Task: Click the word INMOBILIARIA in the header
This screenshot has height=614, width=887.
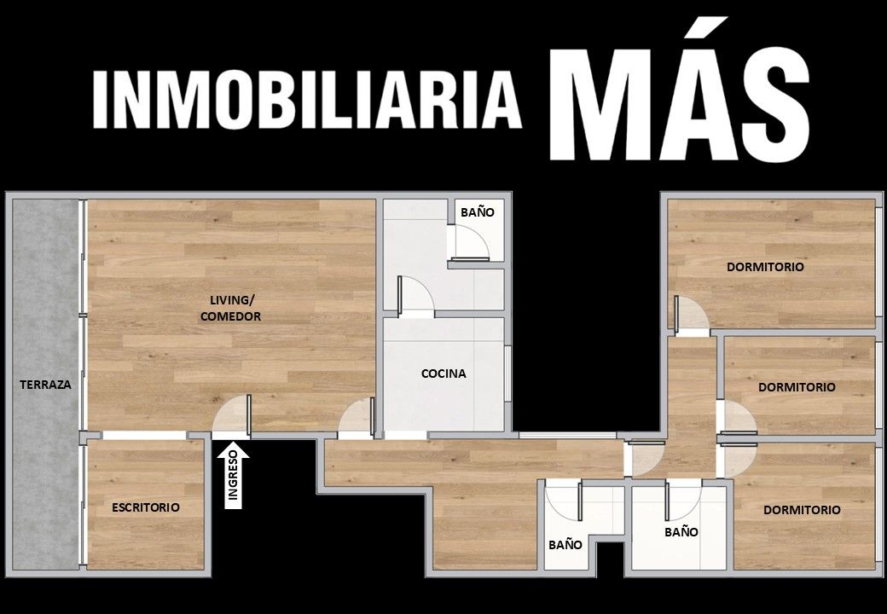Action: [x=306, y=100]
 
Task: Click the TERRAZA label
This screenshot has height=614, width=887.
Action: [x=45, y=385]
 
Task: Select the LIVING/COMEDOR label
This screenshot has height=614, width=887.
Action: [x=231, y=308]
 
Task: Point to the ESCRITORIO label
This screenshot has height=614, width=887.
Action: [x=146, y=507]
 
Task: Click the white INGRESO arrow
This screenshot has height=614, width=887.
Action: [x=233, y=475]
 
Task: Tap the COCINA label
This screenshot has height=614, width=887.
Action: [x=444, y=374]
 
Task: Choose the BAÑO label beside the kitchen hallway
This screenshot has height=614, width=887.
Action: [x=478, y=212]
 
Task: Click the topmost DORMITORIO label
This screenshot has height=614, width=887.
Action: [x=765, y=267]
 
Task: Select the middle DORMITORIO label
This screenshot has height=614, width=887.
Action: [x=797, y=387]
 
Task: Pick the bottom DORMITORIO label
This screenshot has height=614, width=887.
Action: [x=803, y=510]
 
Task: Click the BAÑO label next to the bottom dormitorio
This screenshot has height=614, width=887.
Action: [x=681, y=532]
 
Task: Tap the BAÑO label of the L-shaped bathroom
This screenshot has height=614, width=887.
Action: [x=565, y=545]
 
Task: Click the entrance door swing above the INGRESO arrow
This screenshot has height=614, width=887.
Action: [x=232, y=416]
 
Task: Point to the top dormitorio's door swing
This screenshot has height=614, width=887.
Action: [x=691, y=315]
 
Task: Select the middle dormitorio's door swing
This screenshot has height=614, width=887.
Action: [x=738, y=419]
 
